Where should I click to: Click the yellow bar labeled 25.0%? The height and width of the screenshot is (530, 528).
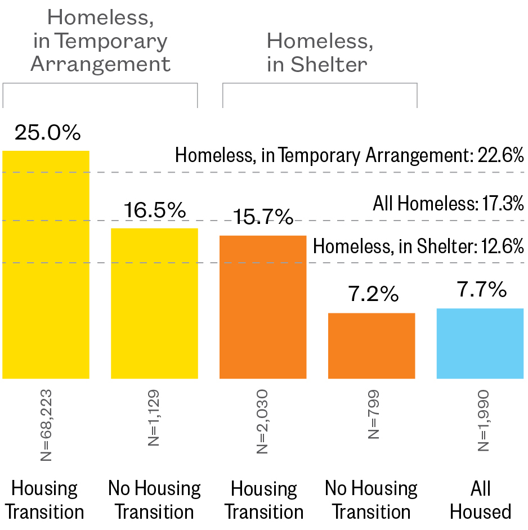pos(46,264)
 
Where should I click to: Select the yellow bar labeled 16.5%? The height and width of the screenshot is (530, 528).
pos(154,303)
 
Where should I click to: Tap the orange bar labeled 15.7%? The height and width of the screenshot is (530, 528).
pos(263,307)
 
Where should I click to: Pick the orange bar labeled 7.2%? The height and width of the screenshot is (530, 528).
pos(372,345)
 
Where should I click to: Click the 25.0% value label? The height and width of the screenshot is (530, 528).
pos(48,133)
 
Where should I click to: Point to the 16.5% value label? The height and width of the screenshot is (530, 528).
pos(155,210)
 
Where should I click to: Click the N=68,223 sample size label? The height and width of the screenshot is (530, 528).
pos(46,424)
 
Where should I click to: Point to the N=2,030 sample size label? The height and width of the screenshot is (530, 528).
pos(263,421)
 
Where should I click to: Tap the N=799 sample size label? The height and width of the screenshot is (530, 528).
pos(372,414)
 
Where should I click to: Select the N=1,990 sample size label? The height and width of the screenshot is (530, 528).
pos(481,420)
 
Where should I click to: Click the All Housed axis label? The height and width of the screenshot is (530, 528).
pos(480,500)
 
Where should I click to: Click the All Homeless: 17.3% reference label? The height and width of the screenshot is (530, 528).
pos(448,203)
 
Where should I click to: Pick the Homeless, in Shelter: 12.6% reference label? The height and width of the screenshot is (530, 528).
pos(418,246)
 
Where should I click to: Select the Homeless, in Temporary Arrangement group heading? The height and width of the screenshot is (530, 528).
pos(100,41)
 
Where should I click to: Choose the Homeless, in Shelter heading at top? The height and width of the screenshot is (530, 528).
pos(319,52)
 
